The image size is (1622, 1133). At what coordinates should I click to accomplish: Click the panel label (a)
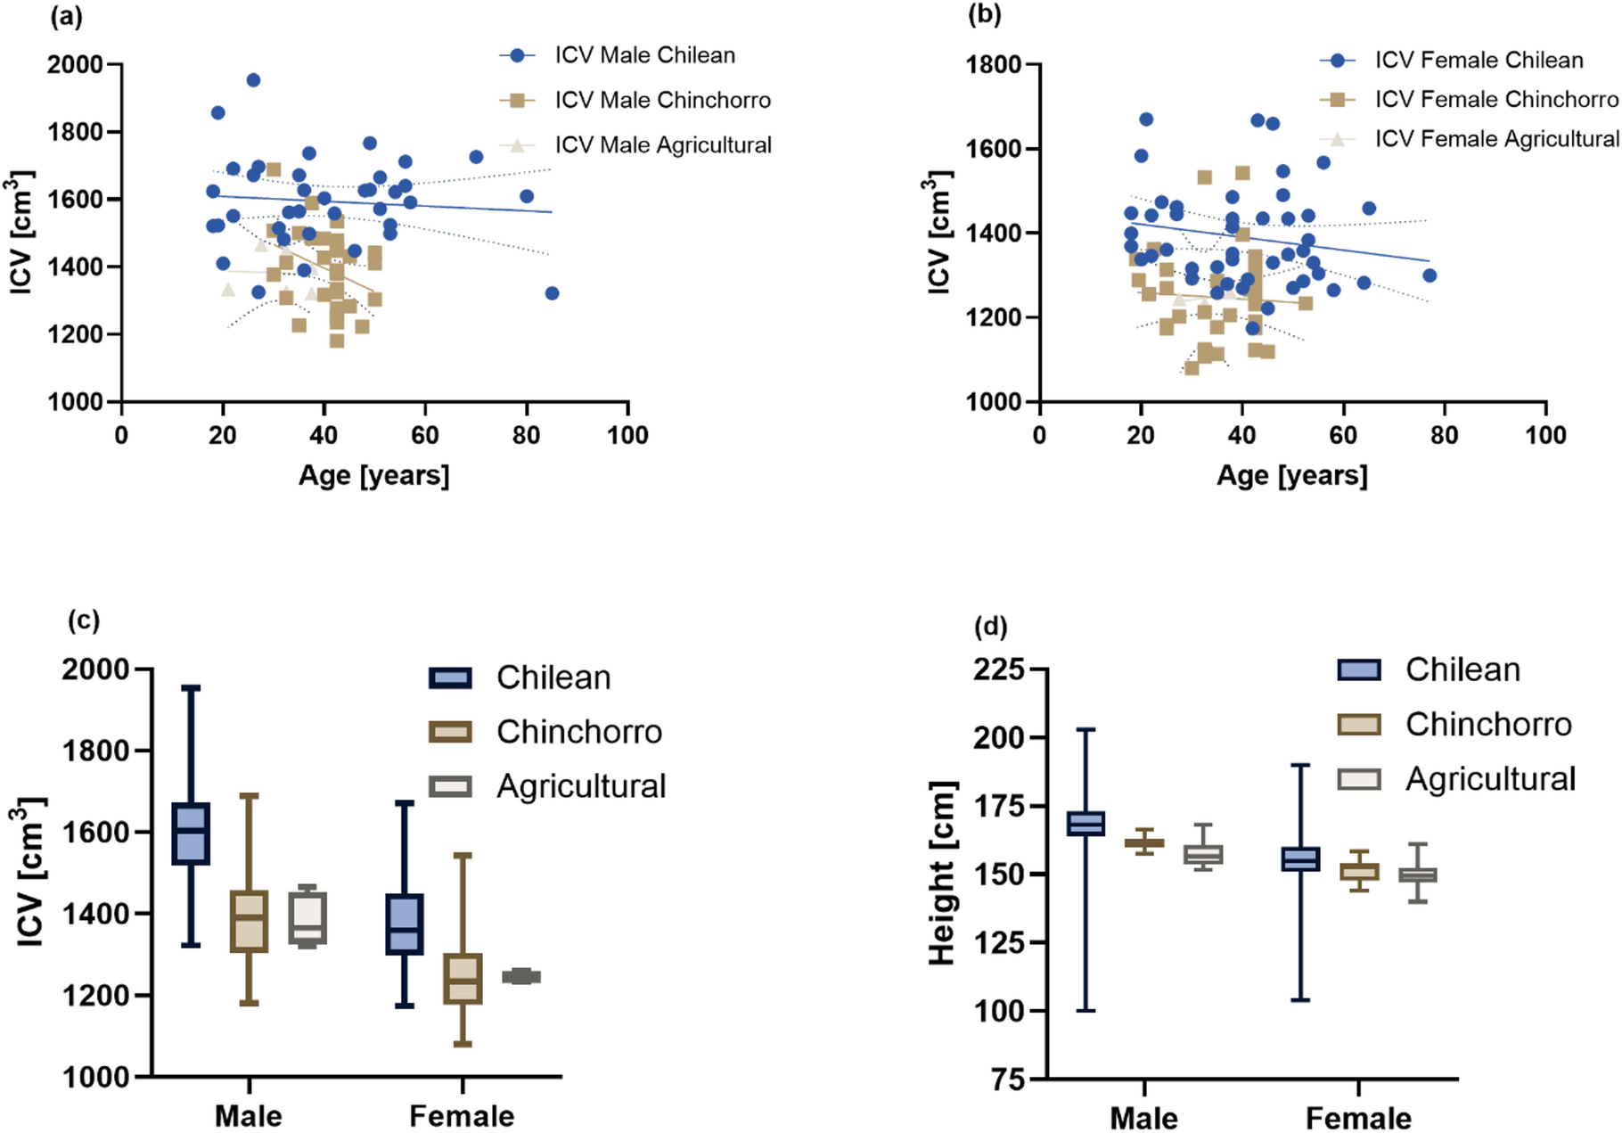pos(67,17)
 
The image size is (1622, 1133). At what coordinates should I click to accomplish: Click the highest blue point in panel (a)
pos(253,80)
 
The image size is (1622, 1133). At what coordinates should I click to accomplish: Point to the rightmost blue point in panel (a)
pos(552,293)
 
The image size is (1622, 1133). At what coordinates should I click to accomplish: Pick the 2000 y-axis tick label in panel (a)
pos(75,65)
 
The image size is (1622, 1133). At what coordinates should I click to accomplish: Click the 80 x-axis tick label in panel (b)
pos(1444,435)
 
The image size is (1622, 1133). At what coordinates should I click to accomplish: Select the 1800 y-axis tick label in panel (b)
pos(994,65)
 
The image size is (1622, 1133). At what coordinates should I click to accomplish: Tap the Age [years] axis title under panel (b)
pos(1291,475)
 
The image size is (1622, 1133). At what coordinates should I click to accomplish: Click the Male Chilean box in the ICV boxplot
pos(191,833)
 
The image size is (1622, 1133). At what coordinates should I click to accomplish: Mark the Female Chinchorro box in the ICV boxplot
pos(463,979)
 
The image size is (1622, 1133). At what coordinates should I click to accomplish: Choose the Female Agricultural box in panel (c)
pos(521,976)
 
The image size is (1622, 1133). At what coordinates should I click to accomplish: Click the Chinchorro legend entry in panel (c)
pos(578,732)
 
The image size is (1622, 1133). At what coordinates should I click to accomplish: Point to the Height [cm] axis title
pos(941,874)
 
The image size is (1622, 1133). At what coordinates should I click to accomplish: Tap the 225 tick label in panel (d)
pos(998,669)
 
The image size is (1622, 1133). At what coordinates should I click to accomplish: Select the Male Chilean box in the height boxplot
pos(1085,824)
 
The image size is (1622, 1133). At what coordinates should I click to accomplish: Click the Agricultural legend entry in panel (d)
pos(1490,779)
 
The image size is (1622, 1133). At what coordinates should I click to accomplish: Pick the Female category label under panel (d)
pos(1358,1118)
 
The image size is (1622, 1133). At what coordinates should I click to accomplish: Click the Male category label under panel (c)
pos(249,1116)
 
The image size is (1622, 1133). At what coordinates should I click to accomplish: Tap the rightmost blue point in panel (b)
pos(1429,275)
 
